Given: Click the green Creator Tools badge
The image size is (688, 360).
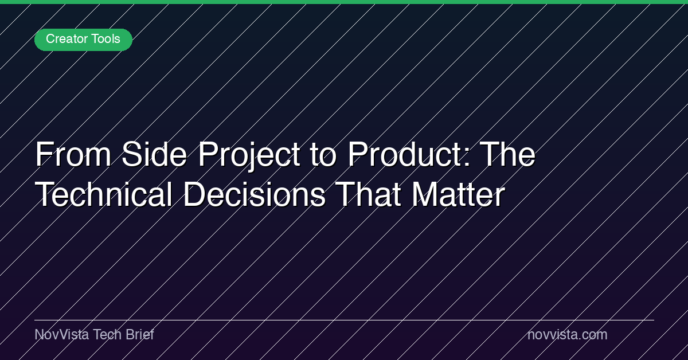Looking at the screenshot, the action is pos(83,40).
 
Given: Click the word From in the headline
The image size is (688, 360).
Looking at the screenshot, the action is pos(73,154).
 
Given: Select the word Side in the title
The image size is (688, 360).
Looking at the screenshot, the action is pos(154,154).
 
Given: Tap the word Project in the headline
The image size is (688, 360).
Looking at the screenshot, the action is pos(249,155).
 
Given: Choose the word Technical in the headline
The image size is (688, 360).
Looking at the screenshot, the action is pos(103,194).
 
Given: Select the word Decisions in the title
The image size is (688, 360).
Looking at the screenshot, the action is pos(255,194).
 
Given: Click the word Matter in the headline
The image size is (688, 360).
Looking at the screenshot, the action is pos(458,194).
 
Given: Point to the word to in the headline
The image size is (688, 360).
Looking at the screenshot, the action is pos(323,155).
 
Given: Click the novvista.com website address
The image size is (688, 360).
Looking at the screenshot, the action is pos(567,335).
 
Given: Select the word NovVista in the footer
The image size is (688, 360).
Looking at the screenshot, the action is pos(62,335).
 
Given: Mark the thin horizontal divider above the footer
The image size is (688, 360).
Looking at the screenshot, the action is pos(345,320).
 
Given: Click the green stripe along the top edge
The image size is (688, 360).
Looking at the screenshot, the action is pos(344,2).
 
